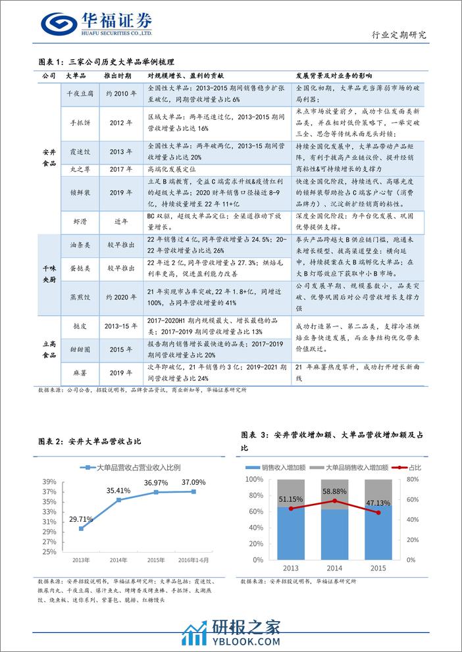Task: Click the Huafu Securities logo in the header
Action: pos(97,25)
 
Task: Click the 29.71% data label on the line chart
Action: pos(82,519)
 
